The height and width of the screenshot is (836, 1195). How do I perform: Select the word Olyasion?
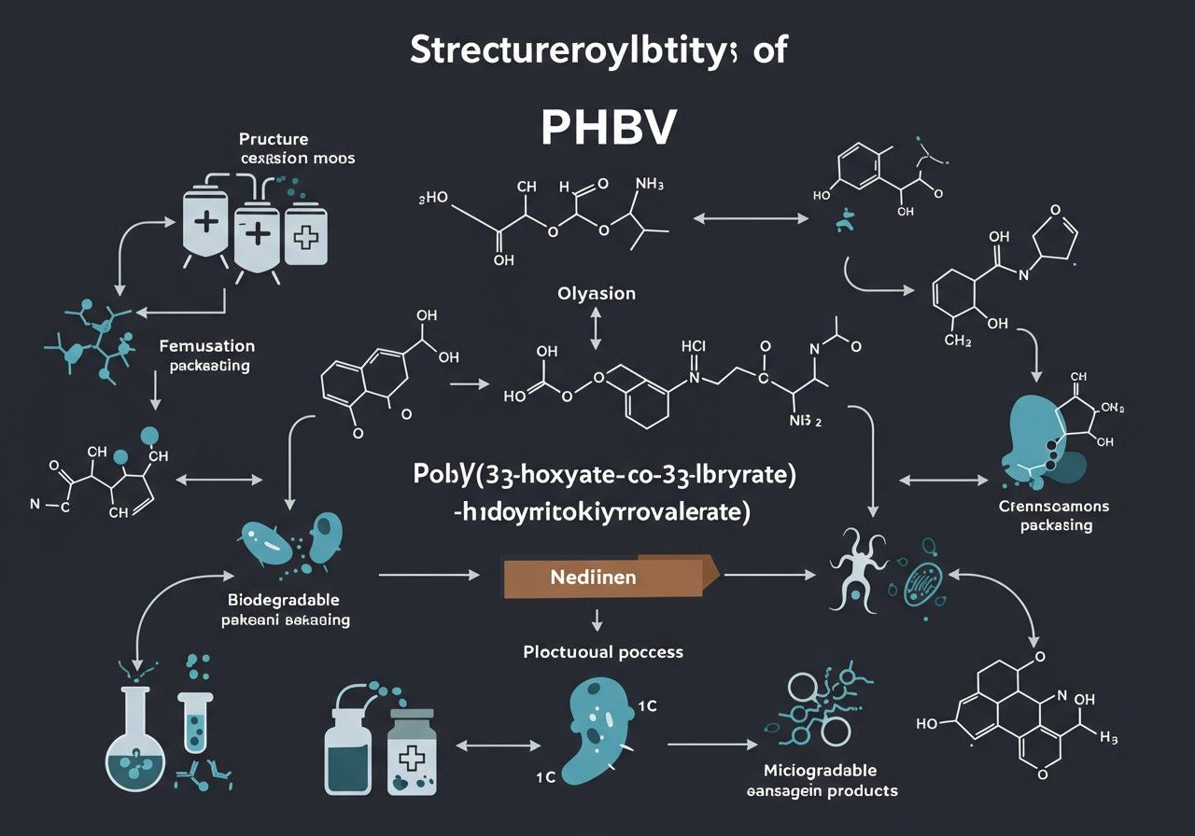click(x=597, y=294)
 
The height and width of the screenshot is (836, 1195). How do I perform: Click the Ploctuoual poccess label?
click(x=602, y=651)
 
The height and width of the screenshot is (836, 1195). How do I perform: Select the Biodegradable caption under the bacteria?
click(x=283, y=608)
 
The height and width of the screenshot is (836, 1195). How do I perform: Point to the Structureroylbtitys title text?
click(x=597, y=52)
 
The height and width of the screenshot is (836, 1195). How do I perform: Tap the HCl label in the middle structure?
click(x=695, y=345)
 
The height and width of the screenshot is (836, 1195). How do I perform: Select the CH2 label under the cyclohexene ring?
click(x=959, y=341)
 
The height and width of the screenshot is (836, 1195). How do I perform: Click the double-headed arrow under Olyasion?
click(x=596, y=329)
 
